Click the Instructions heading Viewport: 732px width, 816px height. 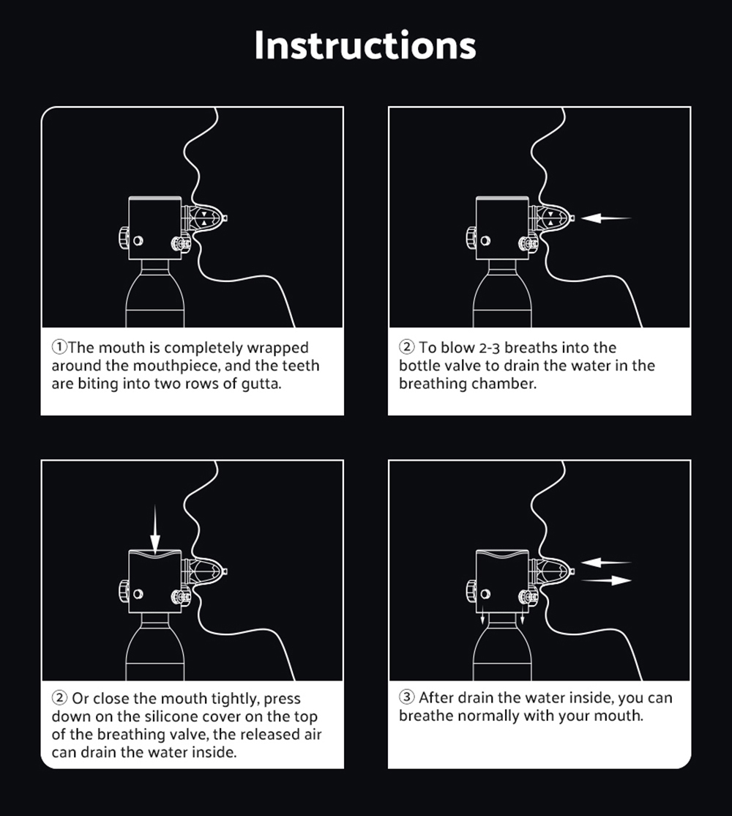(365, 45)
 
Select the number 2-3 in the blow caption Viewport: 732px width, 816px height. (489, 348)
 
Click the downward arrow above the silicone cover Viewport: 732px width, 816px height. (155, 529)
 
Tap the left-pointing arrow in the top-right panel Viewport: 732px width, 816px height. (605, 218)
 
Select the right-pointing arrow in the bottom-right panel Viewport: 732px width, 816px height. (605, 580)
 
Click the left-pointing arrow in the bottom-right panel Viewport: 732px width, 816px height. (605, 563)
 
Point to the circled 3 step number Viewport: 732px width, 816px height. (406, 697)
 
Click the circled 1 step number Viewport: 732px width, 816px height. (59, 347)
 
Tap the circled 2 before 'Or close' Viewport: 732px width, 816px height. (59, 698)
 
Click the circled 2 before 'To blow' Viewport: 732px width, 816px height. (406, 347)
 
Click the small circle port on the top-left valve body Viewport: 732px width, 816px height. (138, 241)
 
